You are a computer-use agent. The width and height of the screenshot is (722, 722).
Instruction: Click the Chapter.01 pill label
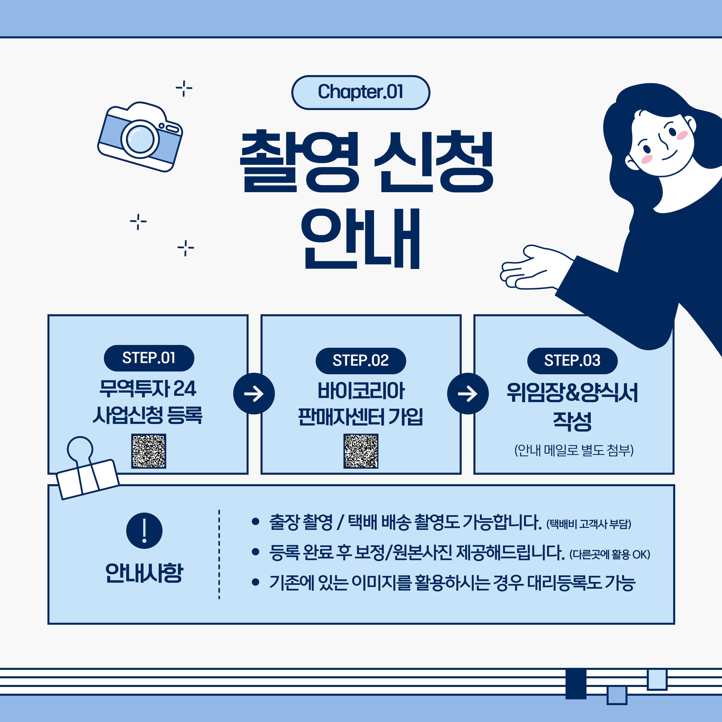coord(360,92)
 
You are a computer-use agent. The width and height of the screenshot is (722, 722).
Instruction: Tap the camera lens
coord(140,139)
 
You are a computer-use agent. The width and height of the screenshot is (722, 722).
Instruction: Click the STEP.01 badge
coord(149,358)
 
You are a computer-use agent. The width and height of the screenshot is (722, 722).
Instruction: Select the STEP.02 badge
coord(361,361)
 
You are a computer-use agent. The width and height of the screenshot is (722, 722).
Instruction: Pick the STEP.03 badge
coord(572,361)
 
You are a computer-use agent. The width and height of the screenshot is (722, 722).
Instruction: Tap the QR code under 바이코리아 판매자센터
coord(361,451)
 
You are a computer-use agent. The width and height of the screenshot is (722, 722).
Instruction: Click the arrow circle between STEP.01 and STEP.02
coord(254,393)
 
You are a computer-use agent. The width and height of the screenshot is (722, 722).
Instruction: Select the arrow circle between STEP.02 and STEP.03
coord(467,393)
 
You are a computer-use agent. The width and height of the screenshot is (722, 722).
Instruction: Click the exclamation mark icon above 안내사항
coord(144,530)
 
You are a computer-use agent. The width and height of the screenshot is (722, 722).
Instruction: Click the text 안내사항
coord(144,573)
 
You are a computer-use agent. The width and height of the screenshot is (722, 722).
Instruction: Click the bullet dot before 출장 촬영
coord(256,522)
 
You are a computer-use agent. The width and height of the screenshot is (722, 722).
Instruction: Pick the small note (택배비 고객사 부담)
coord(589,524)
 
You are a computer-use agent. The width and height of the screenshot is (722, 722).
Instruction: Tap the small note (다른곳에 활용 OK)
coord(610,554)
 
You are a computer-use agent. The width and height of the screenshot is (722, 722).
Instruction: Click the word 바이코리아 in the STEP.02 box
coord(361,390)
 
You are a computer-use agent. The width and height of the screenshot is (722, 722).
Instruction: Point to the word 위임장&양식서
coord(572,392)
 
